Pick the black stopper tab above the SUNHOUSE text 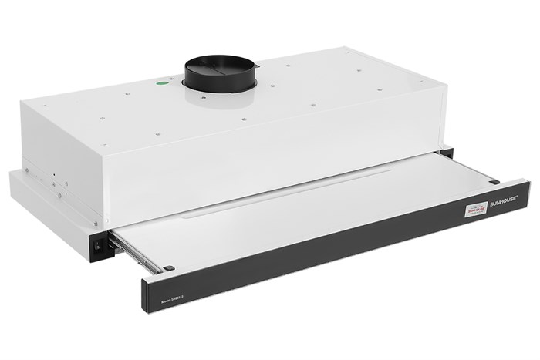coord(494,182)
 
